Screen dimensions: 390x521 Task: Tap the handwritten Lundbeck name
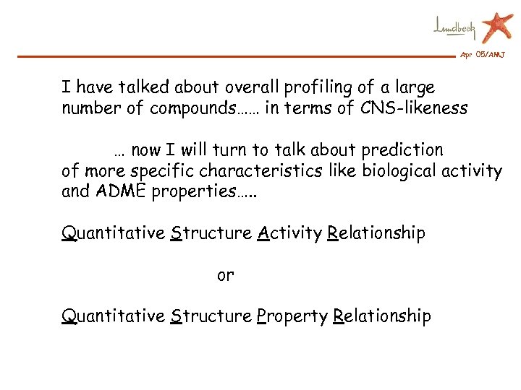(454, 27)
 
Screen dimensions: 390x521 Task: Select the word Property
(292, 316)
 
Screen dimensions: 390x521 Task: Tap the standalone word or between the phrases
(225, 275)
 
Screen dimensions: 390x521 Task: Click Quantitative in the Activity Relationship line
(113, 233)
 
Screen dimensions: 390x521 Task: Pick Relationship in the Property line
(382, 316)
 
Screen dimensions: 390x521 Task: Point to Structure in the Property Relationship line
(211, 316)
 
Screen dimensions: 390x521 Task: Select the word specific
(143, 171)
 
